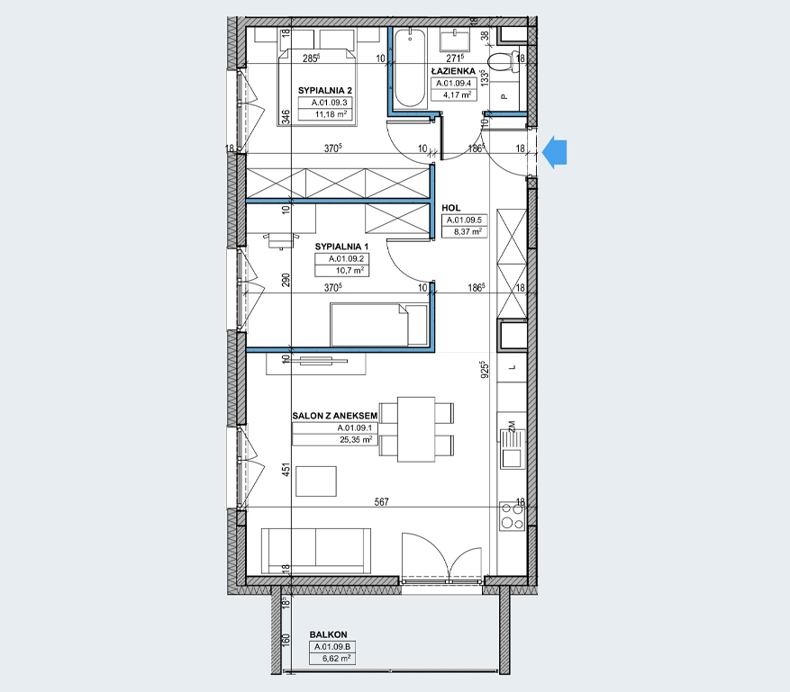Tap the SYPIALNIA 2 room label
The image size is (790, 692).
tap(325, 91)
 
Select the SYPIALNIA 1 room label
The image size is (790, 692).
tap(341, 247)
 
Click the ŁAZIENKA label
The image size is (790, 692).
tap(453, 71)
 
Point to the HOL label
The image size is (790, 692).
tap(451, 208)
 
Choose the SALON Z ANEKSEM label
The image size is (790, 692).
tap(334, 416)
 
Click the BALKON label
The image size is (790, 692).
tap(329, 635)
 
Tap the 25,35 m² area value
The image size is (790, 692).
tap(356, 439)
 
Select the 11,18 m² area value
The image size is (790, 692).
tap(331, 114)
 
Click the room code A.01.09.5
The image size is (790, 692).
tap(464, 220)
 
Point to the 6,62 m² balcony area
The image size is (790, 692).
tap(337, 659)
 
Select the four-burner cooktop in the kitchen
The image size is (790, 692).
tap(513, 516)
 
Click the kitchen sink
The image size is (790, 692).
tap(513, 449)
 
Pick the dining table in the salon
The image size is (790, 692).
tap(416, 429)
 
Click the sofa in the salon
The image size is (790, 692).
tap(316, 551)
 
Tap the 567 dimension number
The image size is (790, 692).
tap(381, 502)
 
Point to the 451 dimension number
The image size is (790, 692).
tap(286, 470)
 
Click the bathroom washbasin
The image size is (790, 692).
tap(454, 39)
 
